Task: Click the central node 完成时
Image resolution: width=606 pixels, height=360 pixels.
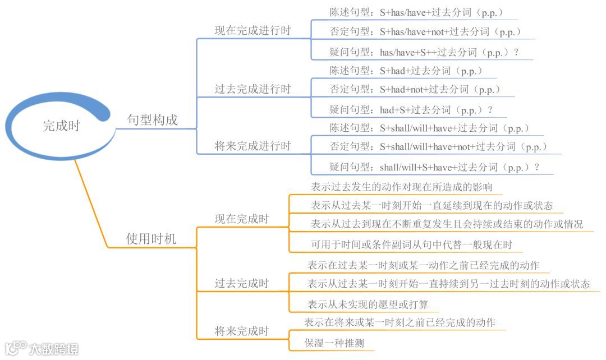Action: point(62,126)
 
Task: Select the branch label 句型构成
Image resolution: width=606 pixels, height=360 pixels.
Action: point(152,120)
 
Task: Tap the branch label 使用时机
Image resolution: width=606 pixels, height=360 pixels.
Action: point(151,239)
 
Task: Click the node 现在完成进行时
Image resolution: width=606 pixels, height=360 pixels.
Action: point(252,31)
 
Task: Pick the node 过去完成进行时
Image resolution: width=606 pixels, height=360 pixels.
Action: point(252,89)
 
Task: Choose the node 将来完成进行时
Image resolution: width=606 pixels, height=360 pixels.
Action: point(252,146)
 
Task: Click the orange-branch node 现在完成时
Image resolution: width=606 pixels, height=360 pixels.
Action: point(241,219)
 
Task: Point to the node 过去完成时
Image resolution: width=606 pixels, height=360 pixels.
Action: point(241,283)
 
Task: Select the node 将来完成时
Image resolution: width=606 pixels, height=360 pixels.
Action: point(241,331)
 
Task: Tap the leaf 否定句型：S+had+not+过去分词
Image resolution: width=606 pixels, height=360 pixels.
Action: point(415,89)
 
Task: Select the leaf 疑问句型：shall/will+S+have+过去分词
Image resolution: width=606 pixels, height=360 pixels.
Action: point(434,167)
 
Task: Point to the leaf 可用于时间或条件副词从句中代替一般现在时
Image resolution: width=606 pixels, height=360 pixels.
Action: point(411,244)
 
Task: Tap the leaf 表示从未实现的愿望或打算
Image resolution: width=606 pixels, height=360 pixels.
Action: point(368,304)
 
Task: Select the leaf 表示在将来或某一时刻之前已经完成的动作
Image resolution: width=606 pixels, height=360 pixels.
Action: point(400,322)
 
